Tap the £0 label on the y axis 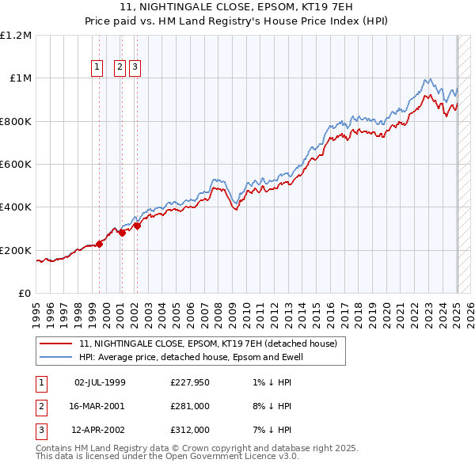[x=25, y=293]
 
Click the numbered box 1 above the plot [x=97, y=68]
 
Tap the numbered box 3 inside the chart [x=135, y=68]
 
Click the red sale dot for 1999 [x=100, y=244]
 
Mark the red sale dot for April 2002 [x=137, y=226]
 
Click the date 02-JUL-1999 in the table [x=100, y=383]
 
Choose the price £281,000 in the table [x=190, y=406]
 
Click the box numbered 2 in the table [x=41, y=406]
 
